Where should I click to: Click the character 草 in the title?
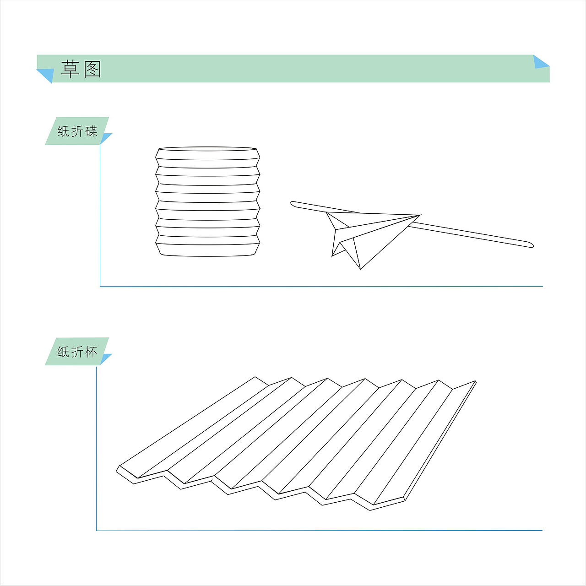70,69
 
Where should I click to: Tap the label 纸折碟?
77,131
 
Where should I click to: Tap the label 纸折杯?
77,352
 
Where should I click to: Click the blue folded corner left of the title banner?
46,75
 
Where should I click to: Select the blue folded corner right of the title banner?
541,62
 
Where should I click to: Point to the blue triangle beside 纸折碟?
105,138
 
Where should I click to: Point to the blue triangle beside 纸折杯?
105,358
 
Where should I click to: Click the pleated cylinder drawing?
208,202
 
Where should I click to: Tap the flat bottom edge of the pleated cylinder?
208,256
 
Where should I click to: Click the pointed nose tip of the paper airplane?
421,215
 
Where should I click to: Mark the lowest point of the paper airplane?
360,269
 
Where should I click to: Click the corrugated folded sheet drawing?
297,444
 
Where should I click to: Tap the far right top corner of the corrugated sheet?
475,381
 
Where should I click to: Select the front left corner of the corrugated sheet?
117,471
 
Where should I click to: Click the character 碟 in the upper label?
91,131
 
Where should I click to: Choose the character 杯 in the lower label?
91,352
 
